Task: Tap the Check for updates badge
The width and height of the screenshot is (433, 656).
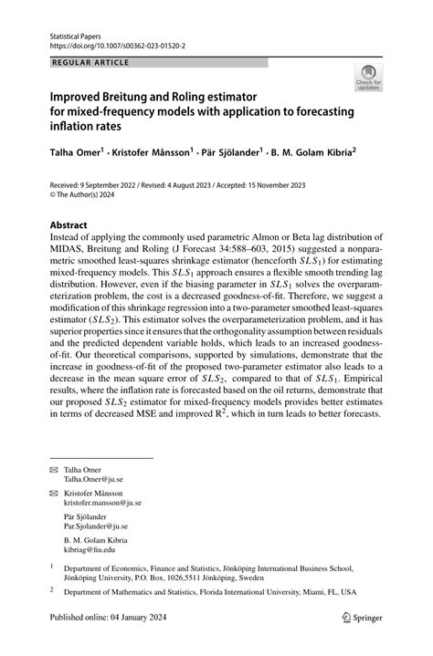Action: point(368,78)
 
